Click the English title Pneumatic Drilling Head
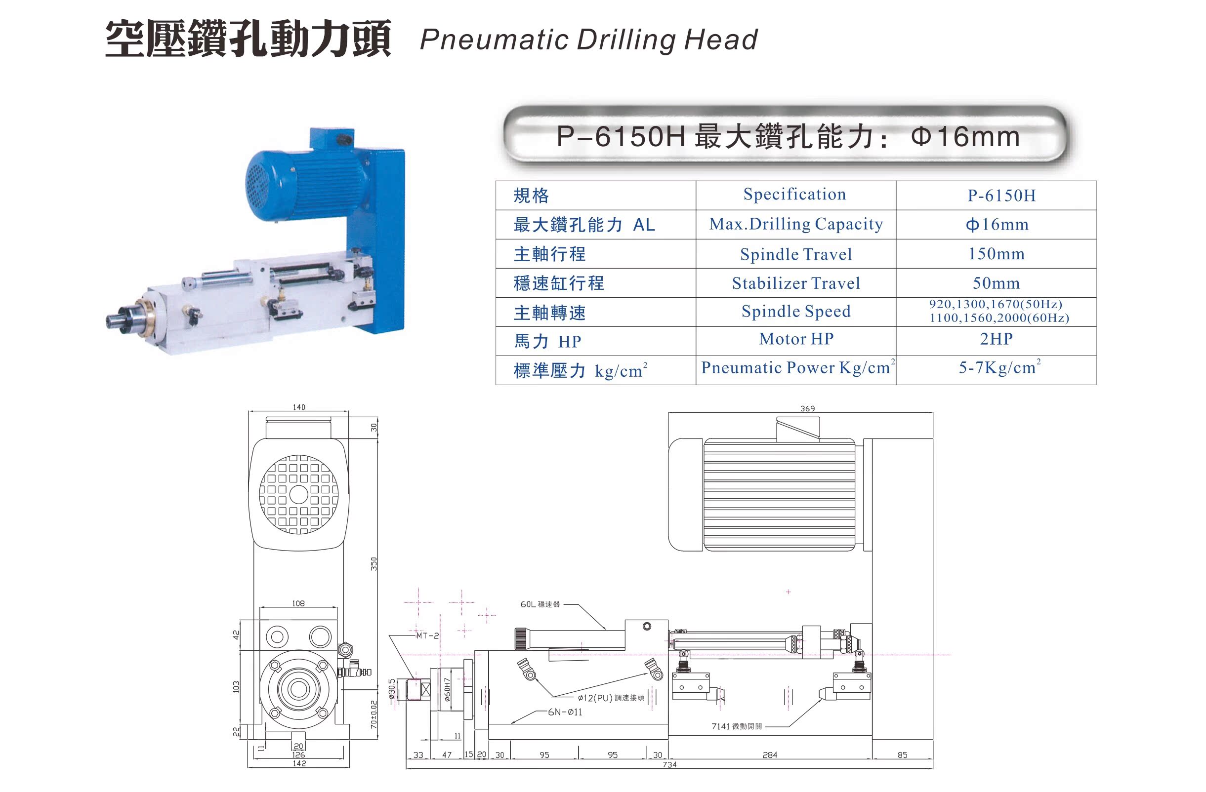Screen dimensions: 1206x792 (588, 40)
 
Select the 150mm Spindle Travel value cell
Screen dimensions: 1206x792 (996, 254)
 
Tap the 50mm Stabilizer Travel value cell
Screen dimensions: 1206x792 (996, 283)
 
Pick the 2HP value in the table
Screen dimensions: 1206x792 (996, 339)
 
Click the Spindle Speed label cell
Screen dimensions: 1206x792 (795, 312)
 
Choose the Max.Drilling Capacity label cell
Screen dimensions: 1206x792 (795, 224)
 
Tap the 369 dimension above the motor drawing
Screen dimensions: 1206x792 (807, 408)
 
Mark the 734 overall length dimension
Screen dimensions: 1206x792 (669, 765)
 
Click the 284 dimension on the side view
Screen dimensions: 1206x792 (769, 755)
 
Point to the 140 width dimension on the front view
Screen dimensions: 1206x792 (299, 407)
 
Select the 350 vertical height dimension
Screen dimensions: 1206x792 (374, 563)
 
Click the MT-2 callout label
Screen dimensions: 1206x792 (427, 635)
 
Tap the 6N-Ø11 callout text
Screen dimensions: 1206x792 (565, 712)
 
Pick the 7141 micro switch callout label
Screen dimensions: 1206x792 (736, 726)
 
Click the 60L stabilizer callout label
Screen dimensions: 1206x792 (540, 604)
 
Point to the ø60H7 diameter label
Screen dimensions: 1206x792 (447, 689)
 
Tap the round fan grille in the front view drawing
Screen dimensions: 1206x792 (298, 494)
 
